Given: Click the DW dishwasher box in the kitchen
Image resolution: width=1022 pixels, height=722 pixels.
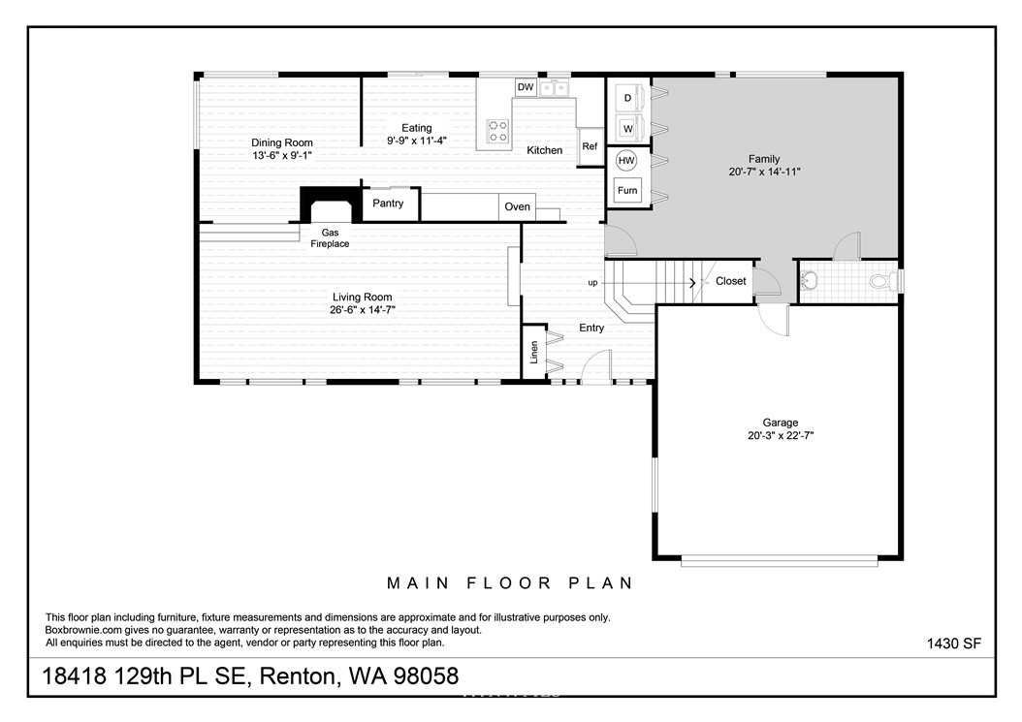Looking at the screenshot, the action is pos(526,87).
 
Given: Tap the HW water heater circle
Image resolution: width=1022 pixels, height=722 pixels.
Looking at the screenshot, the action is pos(625,160).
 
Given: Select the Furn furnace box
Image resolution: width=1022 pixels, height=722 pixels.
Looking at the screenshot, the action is pos(627,190).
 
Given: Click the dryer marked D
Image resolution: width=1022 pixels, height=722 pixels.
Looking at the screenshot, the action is pos(629,98).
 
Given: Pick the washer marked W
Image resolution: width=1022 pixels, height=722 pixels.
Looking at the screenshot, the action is pos(629,128).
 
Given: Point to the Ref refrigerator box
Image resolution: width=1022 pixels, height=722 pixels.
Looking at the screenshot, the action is pos(591,146).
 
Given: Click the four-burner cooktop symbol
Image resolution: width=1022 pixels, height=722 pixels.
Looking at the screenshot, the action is pos(498,130).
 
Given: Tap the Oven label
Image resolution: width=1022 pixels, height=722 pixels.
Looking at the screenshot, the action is pos(518,206).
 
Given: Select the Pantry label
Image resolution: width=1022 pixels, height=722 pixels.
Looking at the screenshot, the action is pos(388,204).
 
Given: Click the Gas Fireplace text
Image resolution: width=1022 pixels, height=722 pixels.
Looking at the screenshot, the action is pos(330,237).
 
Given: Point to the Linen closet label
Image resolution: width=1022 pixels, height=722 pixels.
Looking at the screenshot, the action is pos(534,353).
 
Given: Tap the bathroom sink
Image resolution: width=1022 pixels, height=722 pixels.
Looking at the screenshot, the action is pos(809,281).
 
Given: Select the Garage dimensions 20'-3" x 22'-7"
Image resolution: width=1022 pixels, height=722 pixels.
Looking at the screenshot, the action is pos(781,435).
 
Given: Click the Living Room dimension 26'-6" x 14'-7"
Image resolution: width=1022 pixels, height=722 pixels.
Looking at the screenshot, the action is pos(363,309).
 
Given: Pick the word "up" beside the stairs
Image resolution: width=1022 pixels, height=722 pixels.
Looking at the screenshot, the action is pos(592,283).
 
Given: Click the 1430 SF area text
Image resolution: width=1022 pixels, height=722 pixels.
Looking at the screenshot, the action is pos(953,644).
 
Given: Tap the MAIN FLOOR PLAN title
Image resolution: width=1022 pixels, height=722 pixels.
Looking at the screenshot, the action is pos(510,583).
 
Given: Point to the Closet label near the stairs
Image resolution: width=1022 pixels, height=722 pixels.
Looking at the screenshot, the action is pos(731,281).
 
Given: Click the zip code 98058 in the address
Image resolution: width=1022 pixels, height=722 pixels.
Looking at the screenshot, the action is pos(426,676).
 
